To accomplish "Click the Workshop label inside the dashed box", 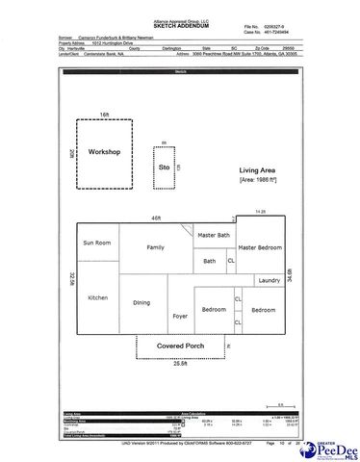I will click(103, 152).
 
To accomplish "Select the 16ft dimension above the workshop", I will click(106, 114).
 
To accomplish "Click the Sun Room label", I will click(98, 244).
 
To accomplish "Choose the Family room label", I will click(155, 247).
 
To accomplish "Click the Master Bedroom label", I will click(260, 246).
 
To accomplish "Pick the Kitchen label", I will click(98, 297).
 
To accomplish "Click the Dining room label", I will click(141, 303).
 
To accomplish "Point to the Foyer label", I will click(178, 315).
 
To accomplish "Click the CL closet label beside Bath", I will click(230, 260).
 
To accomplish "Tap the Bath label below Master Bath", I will click(209, 260).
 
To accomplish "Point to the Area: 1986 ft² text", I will click(258, 180).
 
